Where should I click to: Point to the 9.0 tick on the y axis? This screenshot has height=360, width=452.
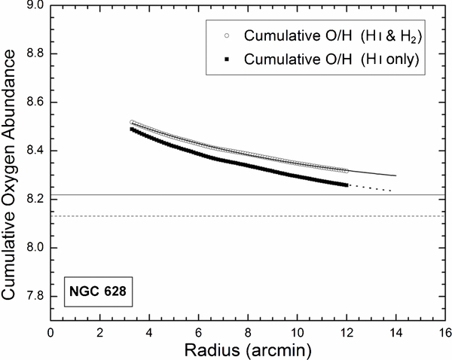point(35,5)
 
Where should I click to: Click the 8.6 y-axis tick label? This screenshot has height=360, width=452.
point(35,102)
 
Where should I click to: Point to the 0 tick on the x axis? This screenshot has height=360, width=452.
point(50,331)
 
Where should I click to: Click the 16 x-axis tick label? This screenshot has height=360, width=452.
point(445,331)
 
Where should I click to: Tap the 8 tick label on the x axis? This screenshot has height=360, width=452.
point(248,331)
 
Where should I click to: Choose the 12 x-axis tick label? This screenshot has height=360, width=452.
point(347,331)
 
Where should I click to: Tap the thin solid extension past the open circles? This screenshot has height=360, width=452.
point(373,173)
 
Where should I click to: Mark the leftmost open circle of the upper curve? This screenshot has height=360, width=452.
point(132,122)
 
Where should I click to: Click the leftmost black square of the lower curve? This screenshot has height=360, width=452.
point(132,130)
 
